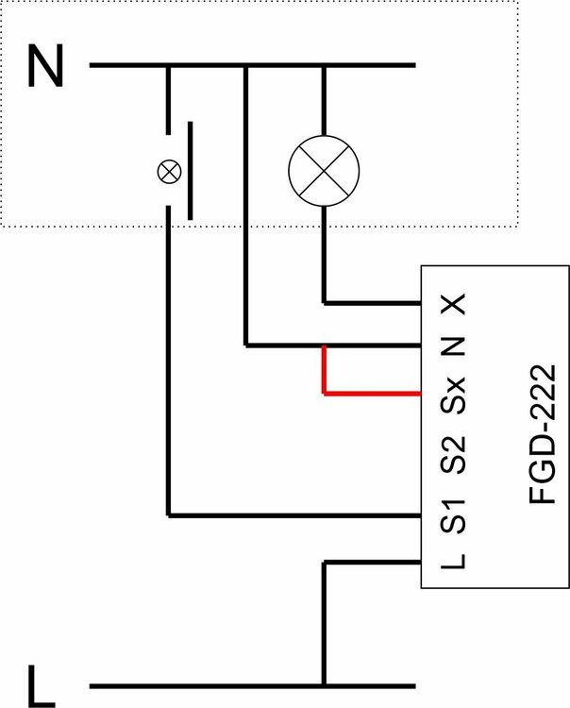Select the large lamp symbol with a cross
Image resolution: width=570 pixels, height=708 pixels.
324,171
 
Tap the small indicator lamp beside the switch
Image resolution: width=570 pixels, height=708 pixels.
169,171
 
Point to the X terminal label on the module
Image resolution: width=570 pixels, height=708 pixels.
455,304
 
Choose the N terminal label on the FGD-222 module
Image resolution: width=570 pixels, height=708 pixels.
455,346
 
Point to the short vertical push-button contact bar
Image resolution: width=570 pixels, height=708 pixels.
191,170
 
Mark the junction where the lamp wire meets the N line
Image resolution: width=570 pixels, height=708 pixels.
324,66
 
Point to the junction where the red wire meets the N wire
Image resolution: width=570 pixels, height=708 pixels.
324,346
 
